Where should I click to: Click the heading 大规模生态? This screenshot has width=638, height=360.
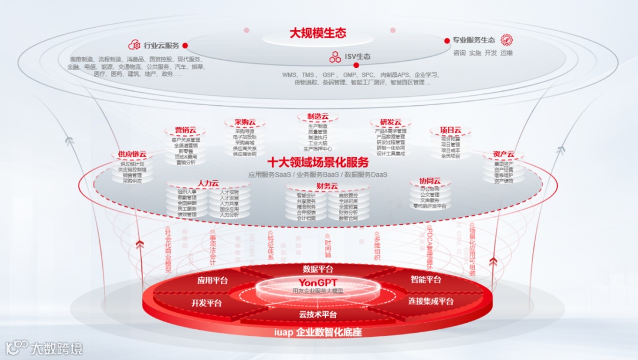[x=318, y=33]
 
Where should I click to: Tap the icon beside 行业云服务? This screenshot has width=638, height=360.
[x=134, y=46]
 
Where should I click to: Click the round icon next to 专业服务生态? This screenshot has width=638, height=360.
[x=506, y=40]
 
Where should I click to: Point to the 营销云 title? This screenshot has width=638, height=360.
[x=185, y=130]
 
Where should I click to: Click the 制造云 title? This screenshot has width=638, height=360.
[x=318, y=116]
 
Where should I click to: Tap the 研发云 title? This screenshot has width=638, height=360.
[x=390, y=122]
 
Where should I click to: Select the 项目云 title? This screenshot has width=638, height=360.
[x=450, y=130]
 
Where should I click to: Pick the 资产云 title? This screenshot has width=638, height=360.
[x=503, y=154]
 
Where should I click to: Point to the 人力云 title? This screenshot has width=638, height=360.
[x=209, y=183]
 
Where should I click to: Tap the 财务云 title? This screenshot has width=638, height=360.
[x=327, y=186]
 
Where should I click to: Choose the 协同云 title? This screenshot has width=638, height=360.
[x=430, y=181]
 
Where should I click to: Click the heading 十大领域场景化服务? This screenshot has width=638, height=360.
[x=318, y=162]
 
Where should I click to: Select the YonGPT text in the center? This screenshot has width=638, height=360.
[x=318, y=282]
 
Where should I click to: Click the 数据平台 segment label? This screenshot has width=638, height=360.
[x=318, y=269]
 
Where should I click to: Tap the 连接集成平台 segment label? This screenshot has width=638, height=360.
[x=431, y=301]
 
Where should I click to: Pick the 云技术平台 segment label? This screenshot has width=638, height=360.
[x=318, y=314]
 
